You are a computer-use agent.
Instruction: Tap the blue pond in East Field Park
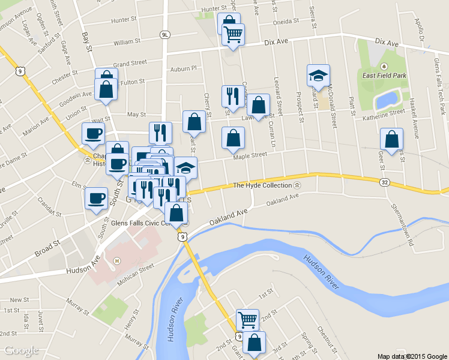click(388, 99)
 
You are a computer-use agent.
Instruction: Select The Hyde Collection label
click(262, 185)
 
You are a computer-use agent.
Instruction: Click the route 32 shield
click(384, 181)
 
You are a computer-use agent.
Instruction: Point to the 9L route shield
click(165, 35)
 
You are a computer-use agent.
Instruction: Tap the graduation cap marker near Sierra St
click(318, 76)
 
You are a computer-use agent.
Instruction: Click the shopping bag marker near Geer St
click(391, 140)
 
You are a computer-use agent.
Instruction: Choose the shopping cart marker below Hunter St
click(233, 34)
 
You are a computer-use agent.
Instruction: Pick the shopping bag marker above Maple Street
click(233, 138)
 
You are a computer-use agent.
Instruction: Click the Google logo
click(22, 350)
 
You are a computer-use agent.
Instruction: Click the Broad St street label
click(47, 247)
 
